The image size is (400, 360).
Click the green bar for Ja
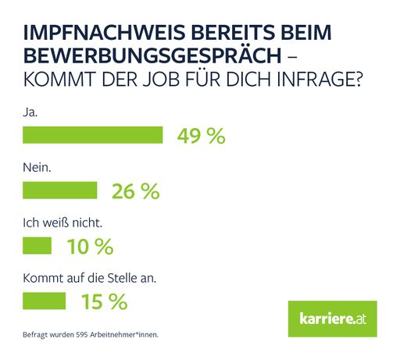click(93, 135)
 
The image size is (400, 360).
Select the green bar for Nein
click(60, 191)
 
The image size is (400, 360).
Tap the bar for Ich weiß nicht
click(37, 246)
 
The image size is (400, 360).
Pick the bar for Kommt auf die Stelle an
click(45, 301)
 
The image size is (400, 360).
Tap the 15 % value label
click(103, 301)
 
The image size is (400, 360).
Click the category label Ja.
click(30, 112)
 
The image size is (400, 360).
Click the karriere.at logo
click(332, 319)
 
